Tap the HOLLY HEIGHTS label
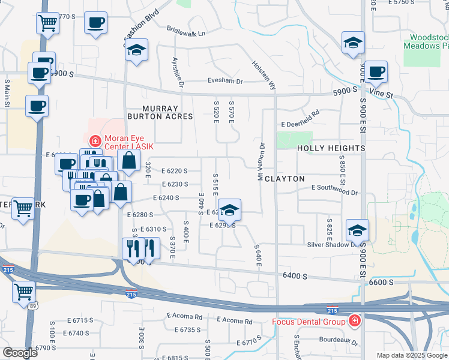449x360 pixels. click(331, 148)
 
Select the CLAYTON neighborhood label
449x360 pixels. click(285, 179)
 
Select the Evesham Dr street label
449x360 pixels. click(225, 81)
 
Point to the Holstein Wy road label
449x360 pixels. click(264, 75)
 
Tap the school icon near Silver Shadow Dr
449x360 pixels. click(357, 230)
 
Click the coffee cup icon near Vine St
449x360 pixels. click(376, 71)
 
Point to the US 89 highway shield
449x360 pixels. click(29, 306)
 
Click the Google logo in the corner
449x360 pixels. click(20, 353)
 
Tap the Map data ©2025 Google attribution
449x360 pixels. click(411, 355)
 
